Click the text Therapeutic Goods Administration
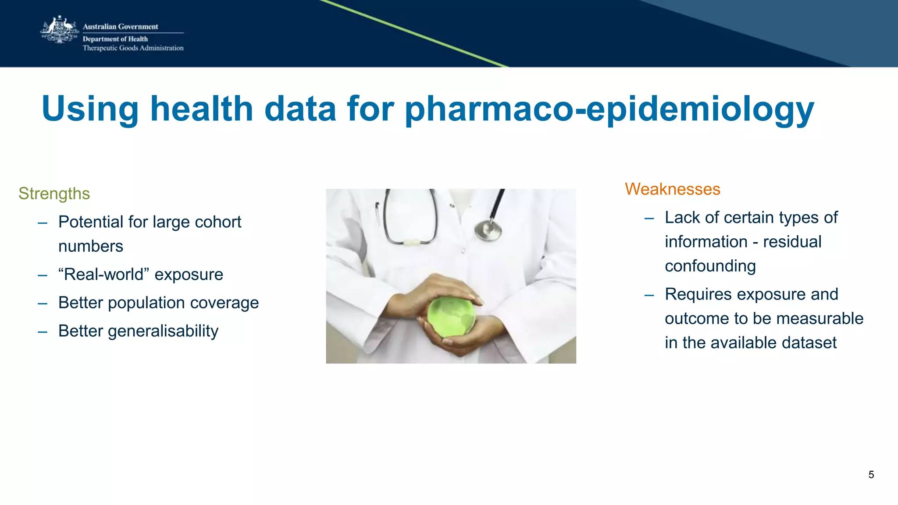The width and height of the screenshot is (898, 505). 133,48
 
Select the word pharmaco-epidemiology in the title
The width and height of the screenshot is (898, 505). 609,109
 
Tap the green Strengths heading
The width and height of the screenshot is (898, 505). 54,194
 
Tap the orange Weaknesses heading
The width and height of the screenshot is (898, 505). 672,189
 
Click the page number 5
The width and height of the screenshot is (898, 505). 871,475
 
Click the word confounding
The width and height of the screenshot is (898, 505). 710,266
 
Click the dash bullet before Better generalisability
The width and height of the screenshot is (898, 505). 43,332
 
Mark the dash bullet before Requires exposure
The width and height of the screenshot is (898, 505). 649,295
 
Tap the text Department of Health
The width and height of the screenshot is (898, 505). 115,39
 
